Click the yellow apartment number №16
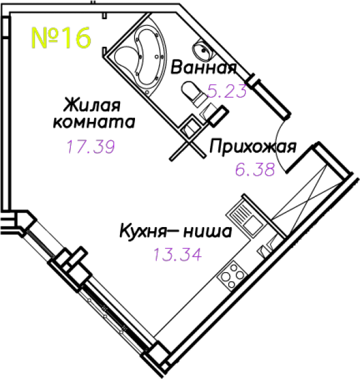[61, 38]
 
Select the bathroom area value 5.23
[227, 91]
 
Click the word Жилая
[92, 105]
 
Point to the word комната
[94, 122]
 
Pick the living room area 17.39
[91, 147]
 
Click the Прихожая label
[253, 147]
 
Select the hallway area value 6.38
[255, 169]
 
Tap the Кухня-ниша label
[176, 231]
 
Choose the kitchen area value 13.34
[178, 254]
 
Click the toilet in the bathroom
[194, 93]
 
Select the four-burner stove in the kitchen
[232, 276]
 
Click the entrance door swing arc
[278, 145]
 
